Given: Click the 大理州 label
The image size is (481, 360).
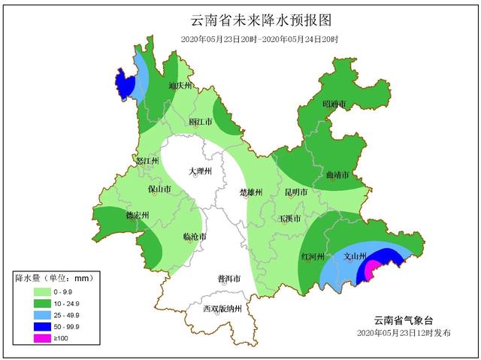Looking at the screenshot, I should tap(201, 171).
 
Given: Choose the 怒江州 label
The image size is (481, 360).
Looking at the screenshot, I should tap(147, 161).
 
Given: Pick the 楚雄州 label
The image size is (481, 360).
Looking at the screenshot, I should tap(250, 192).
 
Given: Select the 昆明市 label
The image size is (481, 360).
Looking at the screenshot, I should tap(296, 192).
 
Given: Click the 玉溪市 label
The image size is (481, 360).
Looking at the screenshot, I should tap(290, 219).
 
